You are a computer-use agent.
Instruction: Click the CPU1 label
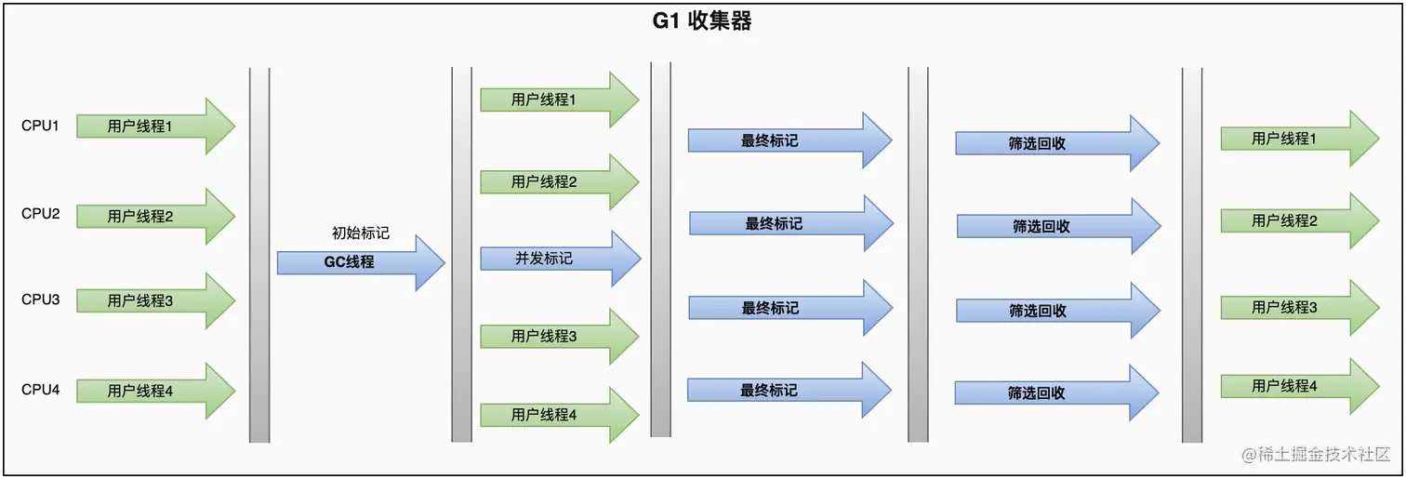click(x=40, y=126)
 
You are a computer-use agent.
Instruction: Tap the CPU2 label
click(x=40, y=214)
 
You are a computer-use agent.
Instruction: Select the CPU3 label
click(x=40, y=299)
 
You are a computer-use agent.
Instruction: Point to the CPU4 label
click(x=40, y=390)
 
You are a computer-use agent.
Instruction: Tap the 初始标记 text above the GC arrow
click(x=361, y=233)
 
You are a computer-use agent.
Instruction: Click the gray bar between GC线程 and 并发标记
click(x=461, y=254)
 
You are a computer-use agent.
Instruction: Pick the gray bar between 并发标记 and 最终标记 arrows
click(x=661, y=249)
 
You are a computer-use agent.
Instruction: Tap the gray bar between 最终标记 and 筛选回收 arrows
click(x=918, y=254)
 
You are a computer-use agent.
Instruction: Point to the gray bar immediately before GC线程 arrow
click(x=259, y=254)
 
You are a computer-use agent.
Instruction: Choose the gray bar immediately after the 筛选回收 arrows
click(x=1192, y=254)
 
